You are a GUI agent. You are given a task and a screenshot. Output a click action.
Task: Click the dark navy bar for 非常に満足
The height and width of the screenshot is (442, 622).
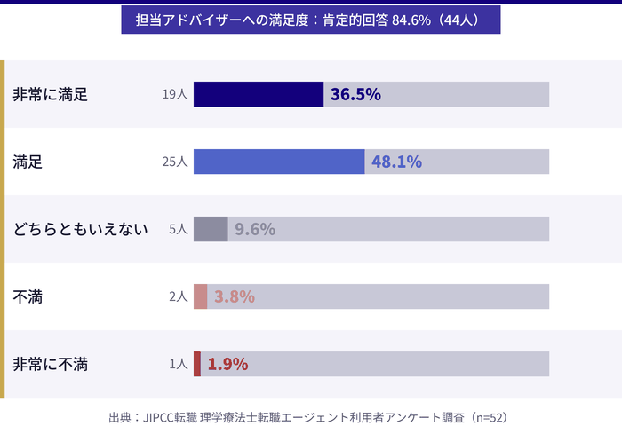[x=259, y=94]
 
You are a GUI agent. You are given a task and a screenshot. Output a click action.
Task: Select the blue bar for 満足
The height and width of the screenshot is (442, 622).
[x=279, y=162]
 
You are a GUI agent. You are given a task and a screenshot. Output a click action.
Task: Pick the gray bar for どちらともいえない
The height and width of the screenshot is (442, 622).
[x=211, y=229]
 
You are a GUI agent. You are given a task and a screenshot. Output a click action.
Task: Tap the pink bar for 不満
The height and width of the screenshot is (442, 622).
[x=201, y=296]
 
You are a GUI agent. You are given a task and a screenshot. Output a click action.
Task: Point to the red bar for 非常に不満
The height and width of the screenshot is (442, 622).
[x=197, y=364]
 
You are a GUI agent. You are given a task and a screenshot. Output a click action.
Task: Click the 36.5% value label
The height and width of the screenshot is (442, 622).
[x=355, y=94]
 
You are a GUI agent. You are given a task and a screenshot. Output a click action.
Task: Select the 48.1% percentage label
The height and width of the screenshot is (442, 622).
[x=396, y=162]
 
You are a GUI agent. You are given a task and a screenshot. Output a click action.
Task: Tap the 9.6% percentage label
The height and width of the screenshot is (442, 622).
[x=255, y=229]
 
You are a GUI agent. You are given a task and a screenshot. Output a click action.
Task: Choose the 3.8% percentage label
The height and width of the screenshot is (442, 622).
[x=235, y=296]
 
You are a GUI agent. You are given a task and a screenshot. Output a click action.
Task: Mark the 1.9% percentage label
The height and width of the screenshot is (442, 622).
[x=227, y=364]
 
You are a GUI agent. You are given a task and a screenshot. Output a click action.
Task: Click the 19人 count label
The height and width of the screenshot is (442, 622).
[x=175, y=94]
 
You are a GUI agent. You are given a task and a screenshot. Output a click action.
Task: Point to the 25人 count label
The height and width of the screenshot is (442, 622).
[x=175, y=162]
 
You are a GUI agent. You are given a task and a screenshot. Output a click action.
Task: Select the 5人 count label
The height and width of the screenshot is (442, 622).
[x=179, y=229]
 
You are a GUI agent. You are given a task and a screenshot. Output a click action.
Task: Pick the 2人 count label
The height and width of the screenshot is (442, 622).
[x=179, y=296]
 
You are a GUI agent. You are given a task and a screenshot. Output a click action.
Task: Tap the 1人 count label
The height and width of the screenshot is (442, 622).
[x=179, y=364]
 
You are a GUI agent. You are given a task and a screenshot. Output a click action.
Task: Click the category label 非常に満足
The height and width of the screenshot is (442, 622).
[x=50, y=94]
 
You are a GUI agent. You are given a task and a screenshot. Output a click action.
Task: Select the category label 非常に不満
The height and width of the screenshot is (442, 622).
[x=50, y=364]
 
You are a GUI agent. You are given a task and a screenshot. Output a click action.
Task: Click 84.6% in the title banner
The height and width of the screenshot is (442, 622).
[x=411, y=20]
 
